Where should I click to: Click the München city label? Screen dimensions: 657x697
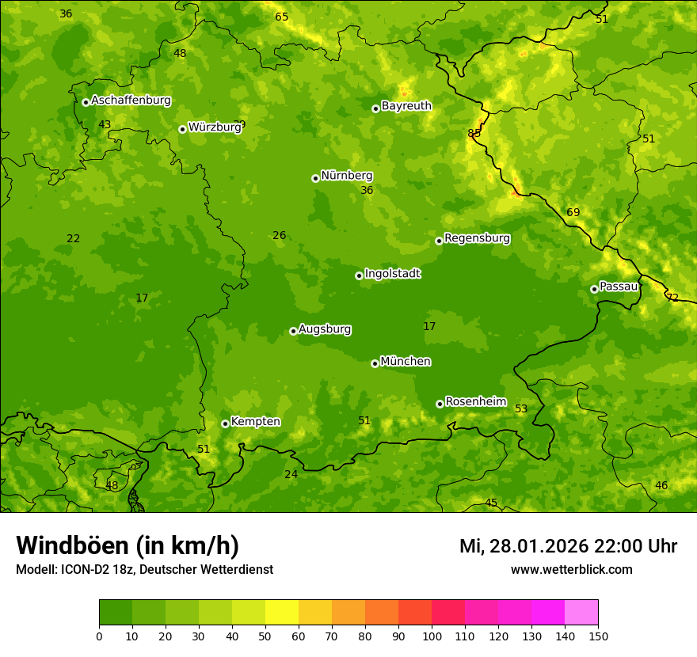(406, 362)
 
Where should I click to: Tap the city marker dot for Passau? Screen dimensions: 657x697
(594, 289)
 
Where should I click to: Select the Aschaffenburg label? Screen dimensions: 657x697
(131, 101)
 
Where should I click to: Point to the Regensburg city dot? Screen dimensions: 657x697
(439, 241)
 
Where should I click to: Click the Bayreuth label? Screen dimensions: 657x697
(406, 106)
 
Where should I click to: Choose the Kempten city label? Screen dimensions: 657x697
(255, 422)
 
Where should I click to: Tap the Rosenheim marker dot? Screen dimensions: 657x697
(440, 404)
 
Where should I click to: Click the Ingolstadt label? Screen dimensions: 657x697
(392, 274)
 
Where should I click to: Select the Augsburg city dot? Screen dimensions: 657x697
(293, 331)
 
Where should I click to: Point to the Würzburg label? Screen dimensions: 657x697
(214, 127)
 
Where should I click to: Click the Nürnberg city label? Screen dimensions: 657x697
(346, 176)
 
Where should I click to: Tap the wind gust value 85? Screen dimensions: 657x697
(474, 133)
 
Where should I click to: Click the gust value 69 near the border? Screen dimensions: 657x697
(573, 212)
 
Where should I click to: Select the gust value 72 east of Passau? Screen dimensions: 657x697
(672, 298)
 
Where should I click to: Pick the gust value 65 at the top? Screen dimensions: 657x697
(282, 17)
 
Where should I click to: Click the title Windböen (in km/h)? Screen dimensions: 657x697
(128, 545)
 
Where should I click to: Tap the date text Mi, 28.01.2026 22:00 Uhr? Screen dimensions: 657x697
(568, 546)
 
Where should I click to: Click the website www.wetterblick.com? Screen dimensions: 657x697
(571, 569)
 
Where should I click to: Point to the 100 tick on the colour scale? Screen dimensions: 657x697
(432, 635)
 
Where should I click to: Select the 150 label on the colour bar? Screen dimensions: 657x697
(598, 635)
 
